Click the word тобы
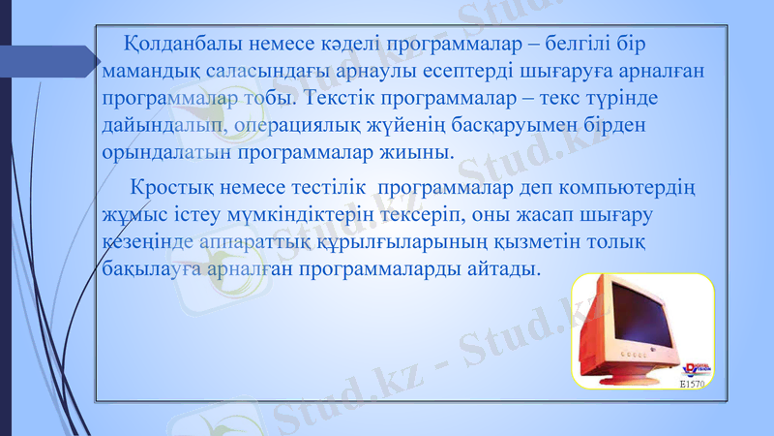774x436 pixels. coord(276,99)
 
